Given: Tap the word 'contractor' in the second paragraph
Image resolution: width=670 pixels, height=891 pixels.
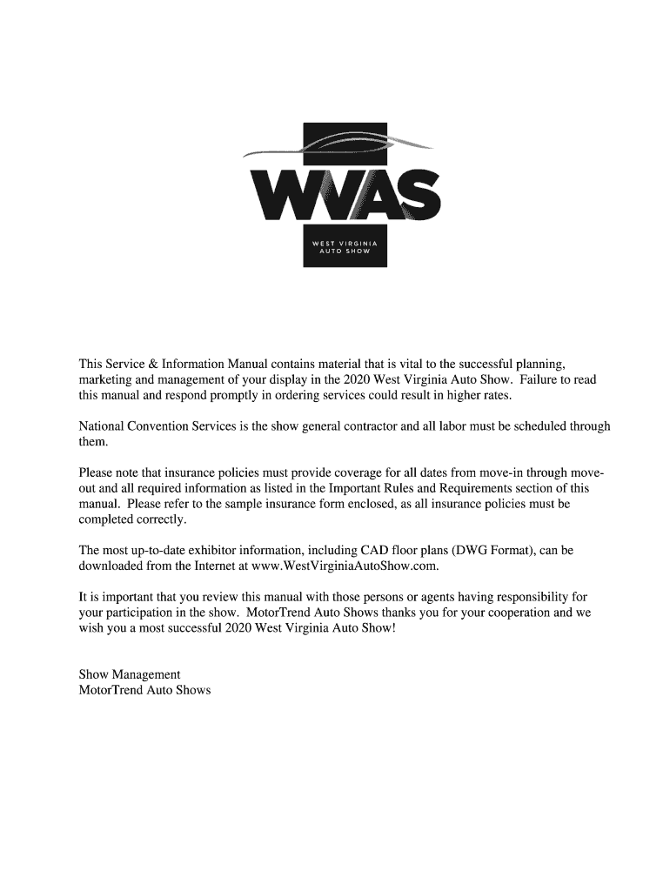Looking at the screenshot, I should pos(382,426).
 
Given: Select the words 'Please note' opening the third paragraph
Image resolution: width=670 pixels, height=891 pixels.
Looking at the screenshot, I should pos(111,473).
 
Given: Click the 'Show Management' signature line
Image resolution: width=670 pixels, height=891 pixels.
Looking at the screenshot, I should pos(130,675).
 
